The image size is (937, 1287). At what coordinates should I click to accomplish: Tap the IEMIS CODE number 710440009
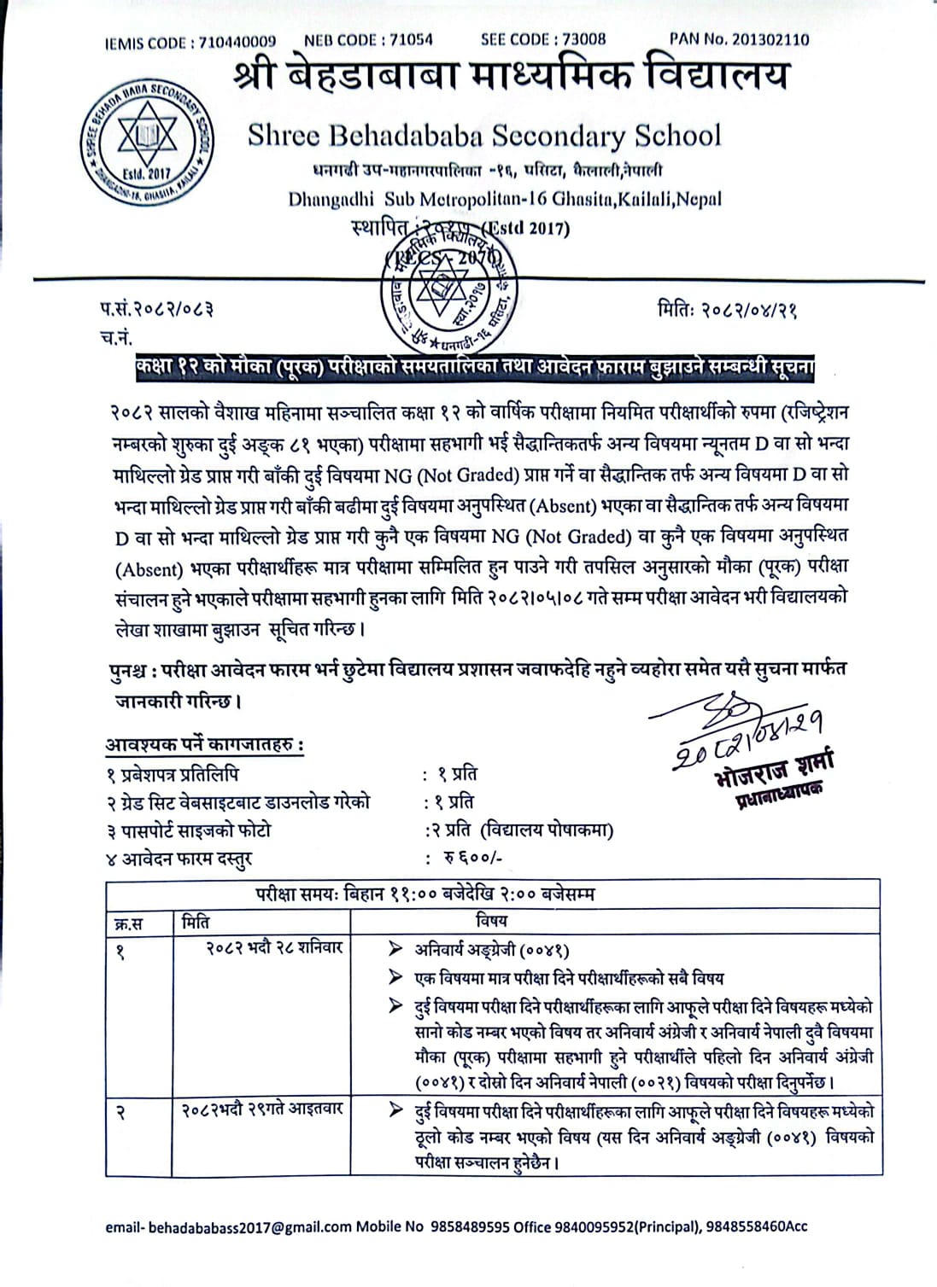click(x=237, y=41)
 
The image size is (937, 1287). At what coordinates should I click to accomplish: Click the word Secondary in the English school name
click(x=559, y=136)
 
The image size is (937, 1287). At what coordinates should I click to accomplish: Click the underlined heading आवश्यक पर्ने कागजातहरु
click(x=205, y=744)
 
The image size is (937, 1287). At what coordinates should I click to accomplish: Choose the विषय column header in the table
click(x=490, y=921)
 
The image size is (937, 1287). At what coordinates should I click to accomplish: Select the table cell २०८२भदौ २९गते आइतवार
click(x=261, y=1109)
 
